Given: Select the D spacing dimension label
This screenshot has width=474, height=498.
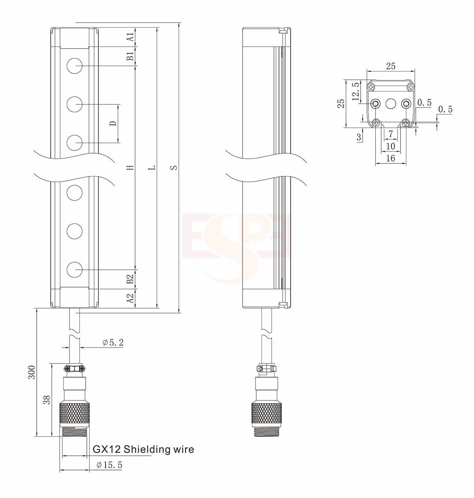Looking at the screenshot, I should [113, 123].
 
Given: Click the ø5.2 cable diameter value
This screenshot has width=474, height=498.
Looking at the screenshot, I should [113, 342].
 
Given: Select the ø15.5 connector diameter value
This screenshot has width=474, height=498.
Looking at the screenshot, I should [109, 465].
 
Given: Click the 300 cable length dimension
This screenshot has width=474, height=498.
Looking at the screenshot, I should [32, 372].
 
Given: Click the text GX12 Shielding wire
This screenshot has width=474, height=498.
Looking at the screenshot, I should [143, 449].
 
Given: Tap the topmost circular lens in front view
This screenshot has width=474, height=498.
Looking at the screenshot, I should [74, 66].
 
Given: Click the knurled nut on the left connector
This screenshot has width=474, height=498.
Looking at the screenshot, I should [74, 413].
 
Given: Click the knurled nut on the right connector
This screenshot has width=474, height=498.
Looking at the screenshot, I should [267, 413].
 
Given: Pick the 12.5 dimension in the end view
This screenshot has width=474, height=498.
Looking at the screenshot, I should [355, 92].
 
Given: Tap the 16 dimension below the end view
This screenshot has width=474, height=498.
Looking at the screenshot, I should [390, 158].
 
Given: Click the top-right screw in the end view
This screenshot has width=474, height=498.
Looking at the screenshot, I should [411, 86].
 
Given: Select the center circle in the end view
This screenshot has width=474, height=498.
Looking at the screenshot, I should [391, 104].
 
